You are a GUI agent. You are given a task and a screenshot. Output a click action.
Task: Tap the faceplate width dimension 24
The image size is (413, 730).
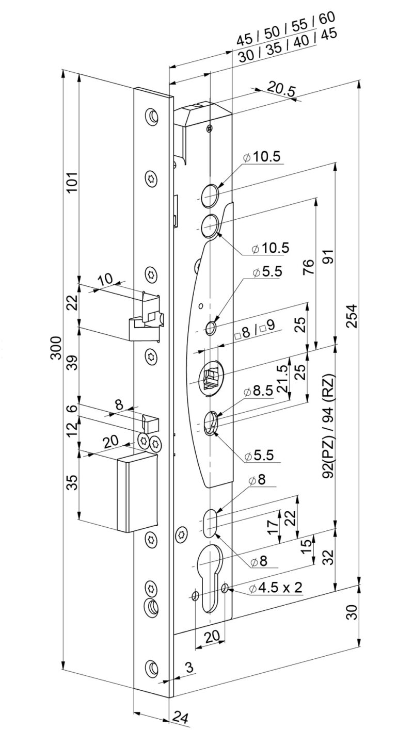coord(180,717)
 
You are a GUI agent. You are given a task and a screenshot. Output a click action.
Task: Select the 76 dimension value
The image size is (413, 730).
coord(308,268)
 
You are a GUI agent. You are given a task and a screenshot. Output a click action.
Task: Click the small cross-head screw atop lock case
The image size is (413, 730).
coord(209,127)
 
